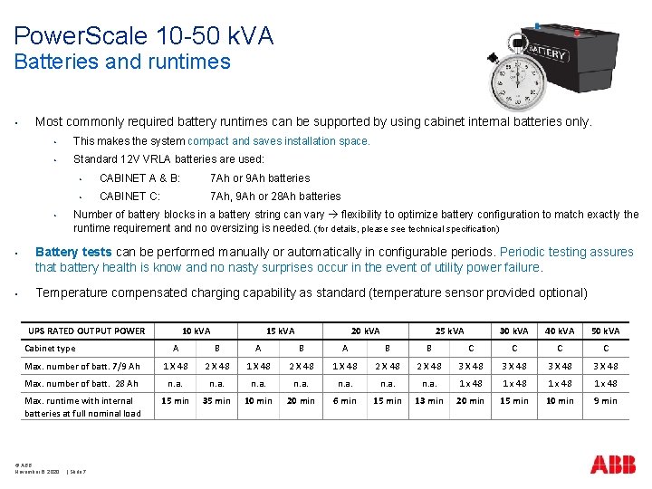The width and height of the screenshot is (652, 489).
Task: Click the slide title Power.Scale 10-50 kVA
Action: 143,35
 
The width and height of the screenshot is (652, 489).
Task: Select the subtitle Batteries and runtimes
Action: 122,62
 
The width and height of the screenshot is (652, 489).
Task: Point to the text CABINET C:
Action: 130,197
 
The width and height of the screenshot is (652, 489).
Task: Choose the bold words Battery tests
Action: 73,252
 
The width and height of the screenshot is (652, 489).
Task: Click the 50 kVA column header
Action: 605,331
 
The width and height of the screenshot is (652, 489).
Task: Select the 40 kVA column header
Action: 560,331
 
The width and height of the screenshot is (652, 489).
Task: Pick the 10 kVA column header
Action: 196,331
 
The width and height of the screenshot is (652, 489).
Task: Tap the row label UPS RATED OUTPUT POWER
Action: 86,331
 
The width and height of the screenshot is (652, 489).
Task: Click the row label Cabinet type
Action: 51,348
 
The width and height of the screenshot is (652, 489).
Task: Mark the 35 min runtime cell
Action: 216,400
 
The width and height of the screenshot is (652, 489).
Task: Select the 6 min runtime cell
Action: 345,400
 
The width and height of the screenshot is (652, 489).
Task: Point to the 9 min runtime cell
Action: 605,400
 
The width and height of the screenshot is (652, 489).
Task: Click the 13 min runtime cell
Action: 429,400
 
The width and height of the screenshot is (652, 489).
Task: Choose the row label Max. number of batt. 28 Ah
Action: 82,383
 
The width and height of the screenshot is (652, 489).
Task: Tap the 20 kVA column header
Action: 366,331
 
